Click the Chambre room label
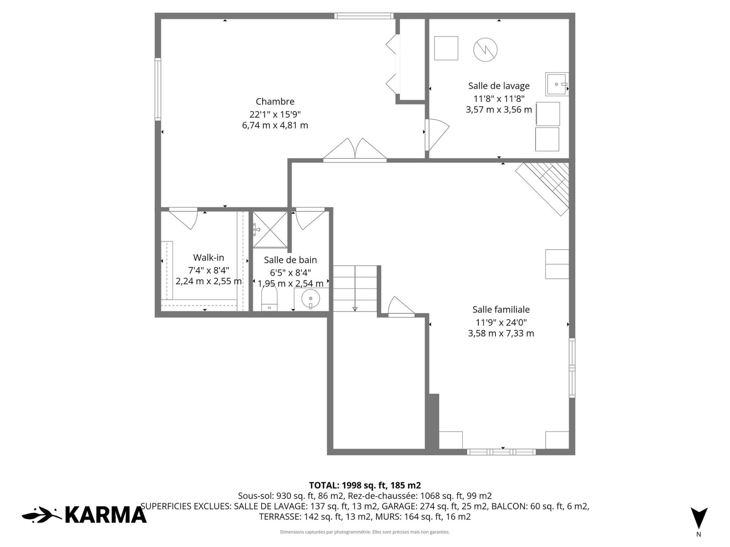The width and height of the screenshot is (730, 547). [x=275, y=101]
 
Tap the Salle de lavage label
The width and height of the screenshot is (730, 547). [x=499, y=86]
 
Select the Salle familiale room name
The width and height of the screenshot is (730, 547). [x=501, y=310]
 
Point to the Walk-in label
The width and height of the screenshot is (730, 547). [x=208, y=258]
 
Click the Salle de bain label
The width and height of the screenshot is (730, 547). [x=290, y=260]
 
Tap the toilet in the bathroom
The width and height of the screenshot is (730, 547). [x=269, y=300]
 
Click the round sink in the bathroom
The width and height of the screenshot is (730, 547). [x=311, y=298]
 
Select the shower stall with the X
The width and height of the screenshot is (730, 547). [x=270, y=229]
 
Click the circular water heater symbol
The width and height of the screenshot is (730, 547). [x=486, y=49]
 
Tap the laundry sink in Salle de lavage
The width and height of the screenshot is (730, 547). [x=557, y=84]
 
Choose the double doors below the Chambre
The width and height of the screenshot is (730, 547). [x=355, y=149]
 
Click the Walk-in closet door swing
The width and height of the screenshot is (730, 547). [x=183, y=219]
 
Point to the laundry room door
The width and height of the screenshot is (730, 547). [x=437, y=135]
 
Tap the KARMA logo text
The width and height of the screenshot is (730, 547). [x=106, y=515]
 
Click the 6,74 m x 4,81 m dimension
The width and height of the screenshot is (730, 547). [x=275, y=125]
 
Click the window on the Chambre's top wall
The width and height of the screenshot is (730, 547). [x=363, y=16]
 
